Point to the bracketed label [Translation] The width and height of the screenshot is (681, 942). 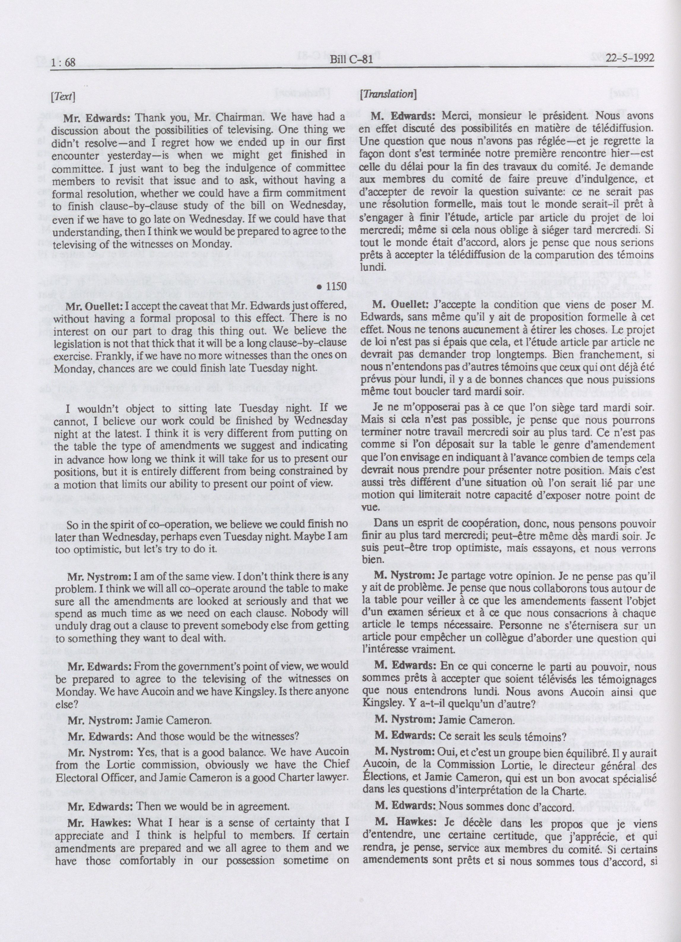pos(388,94)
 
